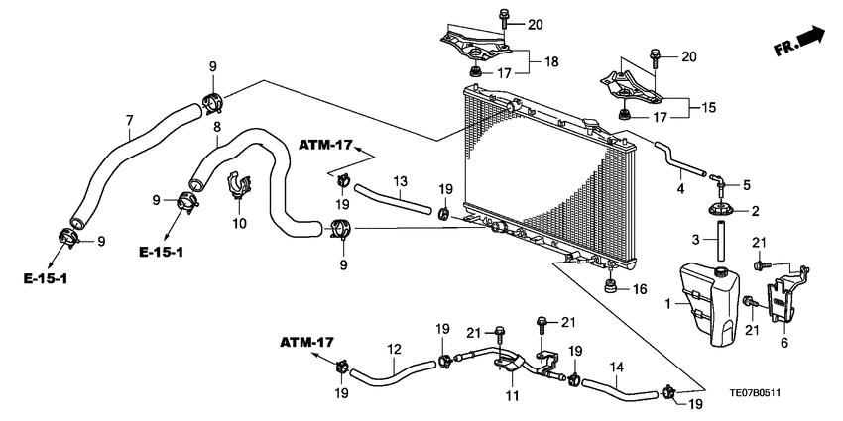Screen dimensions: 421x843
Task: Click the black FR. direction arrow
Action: coord(810,39)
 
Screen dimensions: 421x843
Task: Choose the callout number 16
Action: coord(640,289)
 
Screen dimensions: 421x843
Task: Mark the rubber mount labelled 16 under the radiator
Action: coord(612,288)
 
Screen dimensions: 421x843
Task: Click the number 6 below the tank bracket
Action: coord(784,342)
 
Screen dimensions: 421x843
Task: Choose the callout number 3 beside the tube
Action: coord(696,239)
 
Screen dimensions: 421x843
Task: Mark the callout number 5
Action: coord(747,183)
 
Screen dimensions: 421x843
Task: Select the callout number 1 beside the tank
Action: coord(666,302)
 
